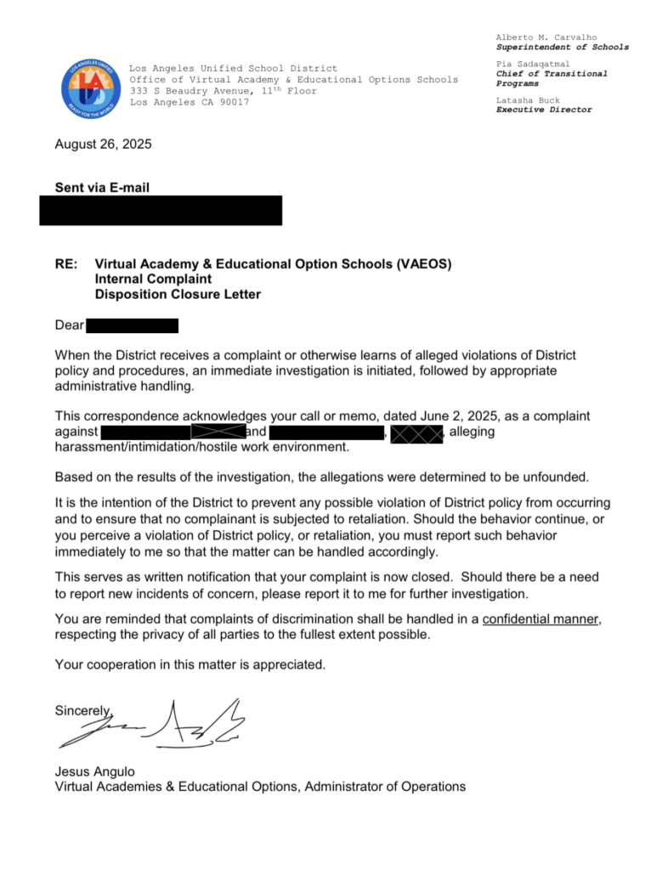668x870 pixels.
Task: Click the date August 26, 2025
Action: (103, 144)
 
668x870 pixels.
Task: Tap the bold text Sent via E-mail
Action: (103, 188)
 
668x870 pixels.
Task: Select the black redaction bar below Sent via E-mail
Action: (161, 210)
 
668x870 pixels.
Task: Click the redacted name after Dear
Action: (132, 325)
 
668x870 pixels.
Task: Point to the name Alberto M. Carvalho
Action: (546, 37)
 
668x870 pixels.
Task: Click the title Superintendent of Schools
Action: (563, 48)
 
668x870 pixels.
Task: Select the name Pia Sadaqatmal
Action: (533, 64)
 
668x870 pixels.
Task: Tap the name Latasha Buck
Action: (528, 100)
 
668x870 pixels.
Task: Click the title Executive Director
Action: (544, 110)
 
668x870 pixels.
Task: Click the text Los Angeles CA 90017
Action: (190, 102)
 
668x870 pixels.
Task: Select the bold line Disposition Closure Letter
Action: (178, 295)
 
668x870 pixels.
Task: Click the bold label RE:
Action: (66, 264)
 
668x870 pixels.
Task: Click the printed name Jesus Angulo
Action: (94, 771)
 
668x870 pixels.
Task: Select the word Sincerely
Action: (82, 710)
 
